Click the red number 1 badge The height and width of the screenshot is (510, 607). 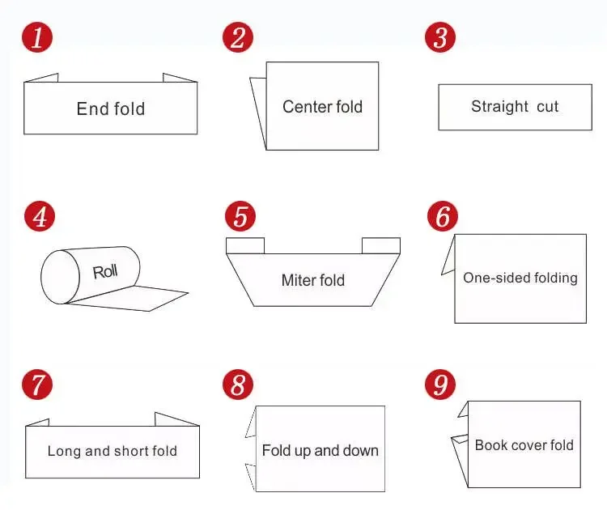tap(36, 37)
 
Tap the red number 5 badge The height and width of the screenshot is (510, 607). tap(240, 217)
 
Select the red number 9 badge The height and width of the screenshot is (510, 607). tap(440, 385)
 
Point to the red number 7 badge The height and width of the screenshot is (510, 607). tap(37, 385)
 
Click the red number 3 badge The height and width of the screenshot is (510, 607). tap(439, 37)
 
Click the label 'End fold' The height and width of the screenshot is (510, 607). tap(111, 108)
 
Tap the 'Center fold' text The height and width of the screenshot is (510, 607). tap(322, 106)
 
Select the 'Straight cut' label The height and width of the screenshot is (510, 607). tap(515, 106)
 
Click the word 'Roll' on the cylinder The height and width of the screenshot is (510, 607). tap(105, 271)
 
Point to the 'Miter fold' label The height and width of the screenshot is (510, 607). tap(312, 280)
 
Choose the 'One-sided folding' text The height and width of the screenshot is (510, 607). tap(520, 278)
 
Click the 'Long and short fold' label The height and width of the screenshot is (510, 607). tap(112, 451)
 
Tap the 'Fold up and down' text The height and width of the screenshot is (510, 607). tap(320, 450)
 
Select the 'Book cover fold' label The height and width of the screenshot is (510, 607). tap(524, 444)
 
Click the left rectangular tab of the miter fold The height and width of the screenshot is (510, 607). tap(244, 245)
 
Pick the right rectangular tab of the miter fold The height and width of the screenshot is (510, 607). tap(380, 245)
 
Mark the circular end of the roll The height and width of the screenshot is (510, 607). tap(57, 277)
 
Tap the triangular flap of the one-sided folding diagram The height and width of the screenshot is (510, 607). tap(448, 259)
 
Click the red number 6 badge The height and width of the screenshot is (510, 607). tap(441, 217)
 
